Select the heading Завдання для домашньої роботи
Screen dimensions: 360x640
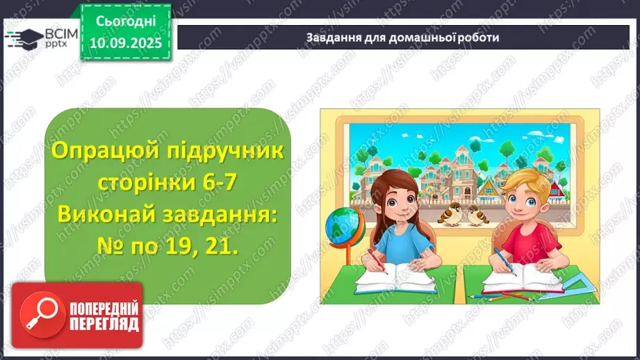(x=402, y=38)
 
